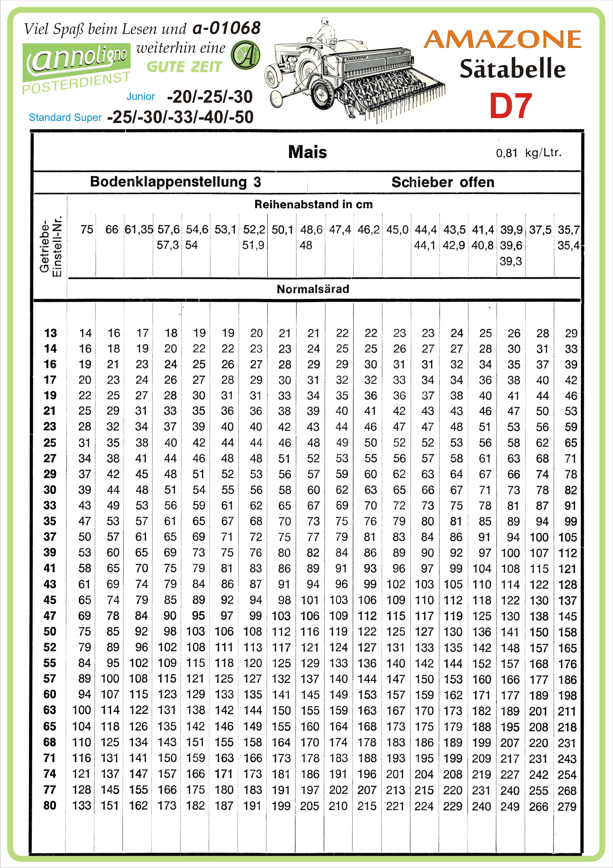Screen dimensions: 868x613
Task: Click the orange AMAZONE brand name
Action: pyautogui.click(x=502, y=39)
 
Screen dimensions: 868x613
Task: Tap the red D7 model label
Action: pyautogui.click(x=510, y=106)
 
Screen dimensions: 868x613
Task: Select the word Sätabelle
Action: pyautogui.click(x=512, y=69)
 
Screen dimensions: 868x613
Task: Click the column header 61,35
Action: pyautogui.click(x=139, y=229)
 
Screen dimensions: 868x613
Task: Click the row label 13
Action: pyautogui.click(x=50, y=333)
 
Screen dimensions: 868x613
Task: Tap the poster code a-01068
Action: pyautogui.click(x=226, y=28)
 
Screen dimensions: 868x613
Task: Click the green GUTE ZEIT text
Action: pyautogui.click(x=184, y=67)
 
